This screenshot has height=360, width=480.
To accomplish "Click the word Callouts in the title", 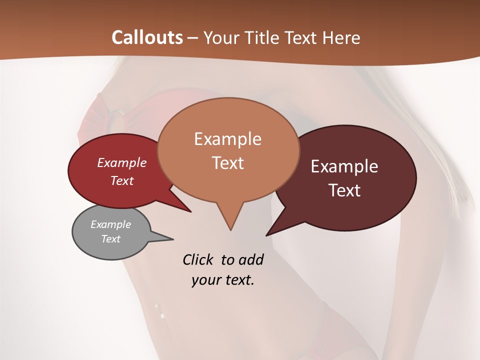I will tap(147, 37).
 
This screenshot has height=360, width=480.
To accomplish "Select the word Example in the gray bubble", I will tap(110, 224).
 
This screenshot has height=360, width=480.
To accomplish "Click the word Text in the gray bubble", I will tap(110, 239).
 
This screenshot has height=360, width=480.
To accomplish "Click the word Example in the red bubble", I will tap(122, 162).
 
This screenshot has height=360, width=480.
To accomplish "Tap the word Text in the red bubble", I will tap(122, 180).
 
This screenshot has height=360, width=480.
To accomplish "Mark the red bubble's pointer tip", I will tap(191, 211).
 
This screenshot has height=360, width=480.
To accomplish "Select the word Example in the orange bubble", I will tap(227, 138).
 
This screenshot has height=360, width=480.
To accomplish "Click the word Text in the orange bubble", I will tap(227, 162).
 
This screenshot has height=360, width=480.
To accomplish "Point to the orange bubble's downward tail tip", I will tap(230, 230).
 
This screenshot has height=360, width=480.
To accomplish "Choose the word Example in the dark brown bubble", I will tap(344, 166).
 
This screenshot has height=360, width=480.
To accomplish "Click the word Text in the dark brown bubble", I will tap(344, 190).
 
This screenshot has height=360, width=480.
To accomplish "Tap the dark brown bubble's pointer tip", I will tap(266, 235).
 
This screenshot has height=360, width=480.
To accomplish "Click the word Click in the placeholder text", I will tap(198, 259).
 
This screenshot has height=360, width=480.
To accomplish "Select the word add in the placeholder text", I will tap(251, 259).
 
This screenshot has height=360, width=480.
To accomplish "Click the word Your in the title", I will tap(221, 37).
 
